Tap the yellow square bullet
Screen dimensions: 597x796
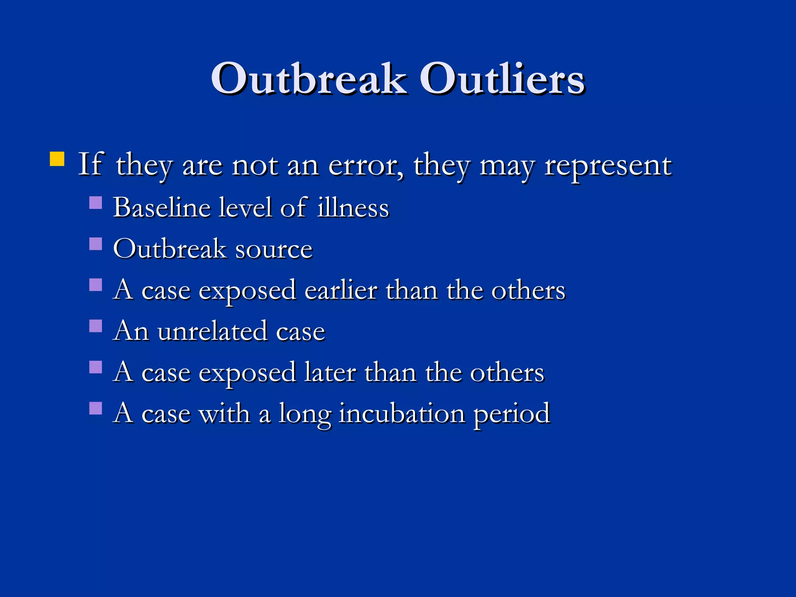(57, 159)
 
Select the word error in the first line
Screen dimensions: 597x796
(366, 166)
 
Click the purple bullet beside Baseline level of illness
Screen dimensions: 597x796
(96, 202)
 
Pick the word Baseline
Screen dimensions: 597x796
(162, 208)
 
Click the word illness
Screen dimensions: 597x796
(353, 208)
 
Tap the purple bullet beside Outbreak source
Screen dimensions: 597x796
(96, 244)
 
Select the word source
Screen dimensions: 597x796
(274, 249)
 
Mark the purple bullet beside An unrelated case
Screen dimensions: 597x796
(96, 326)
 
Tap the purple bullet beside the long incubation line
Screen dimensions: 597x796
(96, 408)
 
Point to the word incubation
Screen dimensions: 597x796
(402, 413)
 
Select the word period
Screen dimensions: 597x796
(511, 414)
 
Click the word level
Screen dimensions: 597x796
(245, 208)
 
